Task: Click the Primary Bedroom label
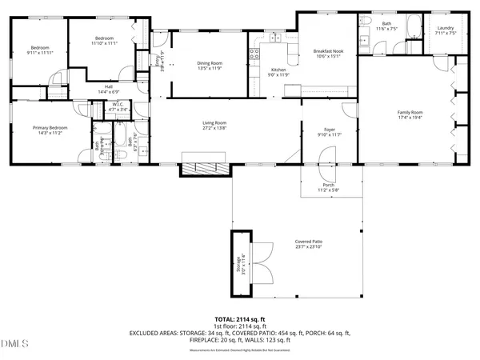tap(49, 128)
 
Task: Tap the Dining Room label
tap(210, 63)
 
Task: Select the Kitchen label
tap(278, 70)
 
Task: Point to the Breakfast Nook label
tap(327, 51)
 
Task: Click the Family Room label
tap(410, 112)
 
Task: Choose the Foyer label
tap(329, 129)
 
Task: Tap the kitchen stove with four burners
tap(255, 54)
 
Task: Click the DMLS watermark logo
tap(14, 345)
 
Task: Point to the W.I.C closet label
tap(117, 105)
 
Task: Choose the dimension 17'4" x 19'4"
tap(410, 118)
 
